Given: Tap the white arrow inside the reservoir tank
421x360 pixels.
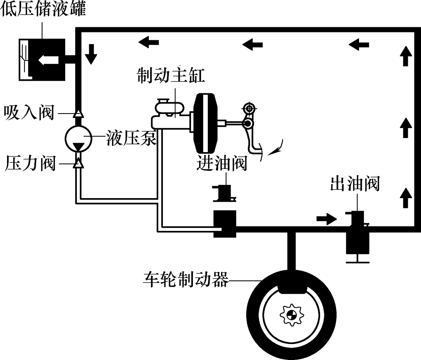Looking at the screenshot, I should tap(48, 60).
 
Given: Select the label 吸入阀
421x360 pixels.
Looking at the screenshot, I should tap(28, 113).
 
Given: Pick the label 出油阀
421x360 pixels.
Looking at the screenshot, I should tap(355, 184).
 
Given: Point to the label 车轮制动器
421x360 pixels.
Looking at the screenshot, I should tap(185, 279).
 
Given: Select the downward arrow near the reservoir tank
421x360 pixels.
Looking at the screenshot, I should tap(91, 54).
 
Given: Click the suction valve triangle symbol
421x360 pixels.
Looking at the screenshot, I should tap(79, 113).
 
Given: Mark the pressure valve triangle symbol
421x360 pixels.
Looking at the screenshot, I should tap(79, 164).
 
